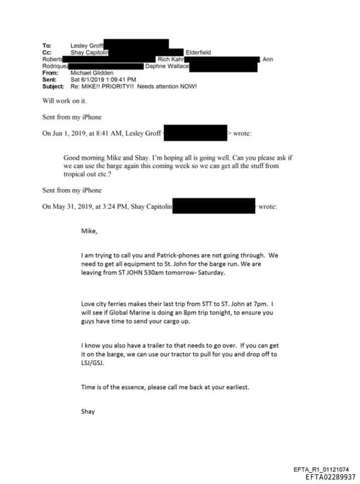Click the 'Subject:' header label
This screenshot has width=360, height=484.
point(55,87)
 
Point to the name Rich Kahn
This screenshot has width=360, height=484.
point(170,60)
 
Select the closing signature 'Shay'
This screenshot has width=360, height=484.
point(89,412)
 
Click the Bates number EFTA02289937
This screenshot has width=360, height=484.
point(330,477)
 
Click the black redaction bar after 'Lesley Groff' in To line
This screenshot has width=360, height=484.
point(136,45)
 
